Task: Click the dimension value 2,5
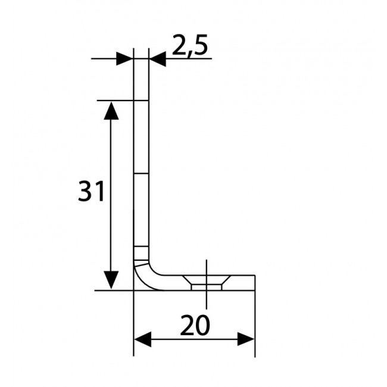click(190, 46)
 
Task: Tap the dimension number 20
click(194, 327)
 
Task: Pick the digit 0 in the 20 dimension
click(203, 327)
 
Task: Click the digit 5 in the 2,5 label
click(200, 46)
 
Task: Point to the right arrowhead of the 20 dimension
click(246, 339)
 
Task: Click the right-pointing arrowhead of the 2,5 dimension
click(124, 58)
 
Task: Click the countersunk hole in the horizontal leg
click(207, 282)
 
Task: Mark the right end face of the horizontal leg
click(255, 283)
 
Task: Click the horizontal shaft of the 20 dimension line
click(194, 339)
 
